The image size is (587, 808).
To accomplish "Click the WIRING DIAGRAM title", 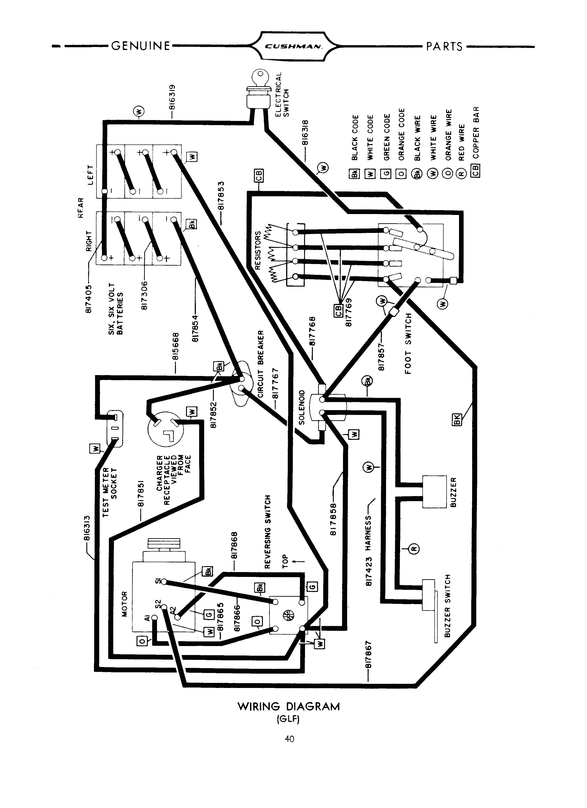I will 289,706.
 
